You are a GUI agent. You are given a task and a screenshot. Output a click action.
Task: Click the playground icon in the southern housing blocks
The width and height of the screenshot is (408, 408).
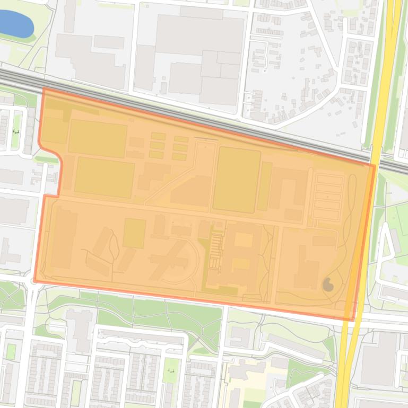pos(171,370)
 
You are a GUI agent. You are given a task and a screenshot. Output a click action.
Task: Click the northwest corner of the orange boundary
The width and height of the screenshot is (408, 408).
pos(44,90)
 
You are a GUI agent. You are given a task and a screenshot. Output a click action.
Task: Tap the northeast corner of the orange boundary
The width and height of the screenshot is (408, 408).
pos(374,166)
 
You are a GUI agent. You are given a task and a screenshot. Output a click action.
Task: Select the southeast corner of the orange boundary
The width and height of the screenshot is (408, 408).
pos(352,320)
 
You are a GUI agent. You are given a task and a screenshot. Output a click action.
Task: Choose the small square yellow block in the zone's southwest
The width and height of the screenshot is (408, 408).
pos(134,233)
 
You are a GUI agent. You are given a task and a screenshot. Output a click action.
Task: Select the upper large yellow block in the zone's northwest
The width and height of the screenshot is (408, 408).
pos(98,138)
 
